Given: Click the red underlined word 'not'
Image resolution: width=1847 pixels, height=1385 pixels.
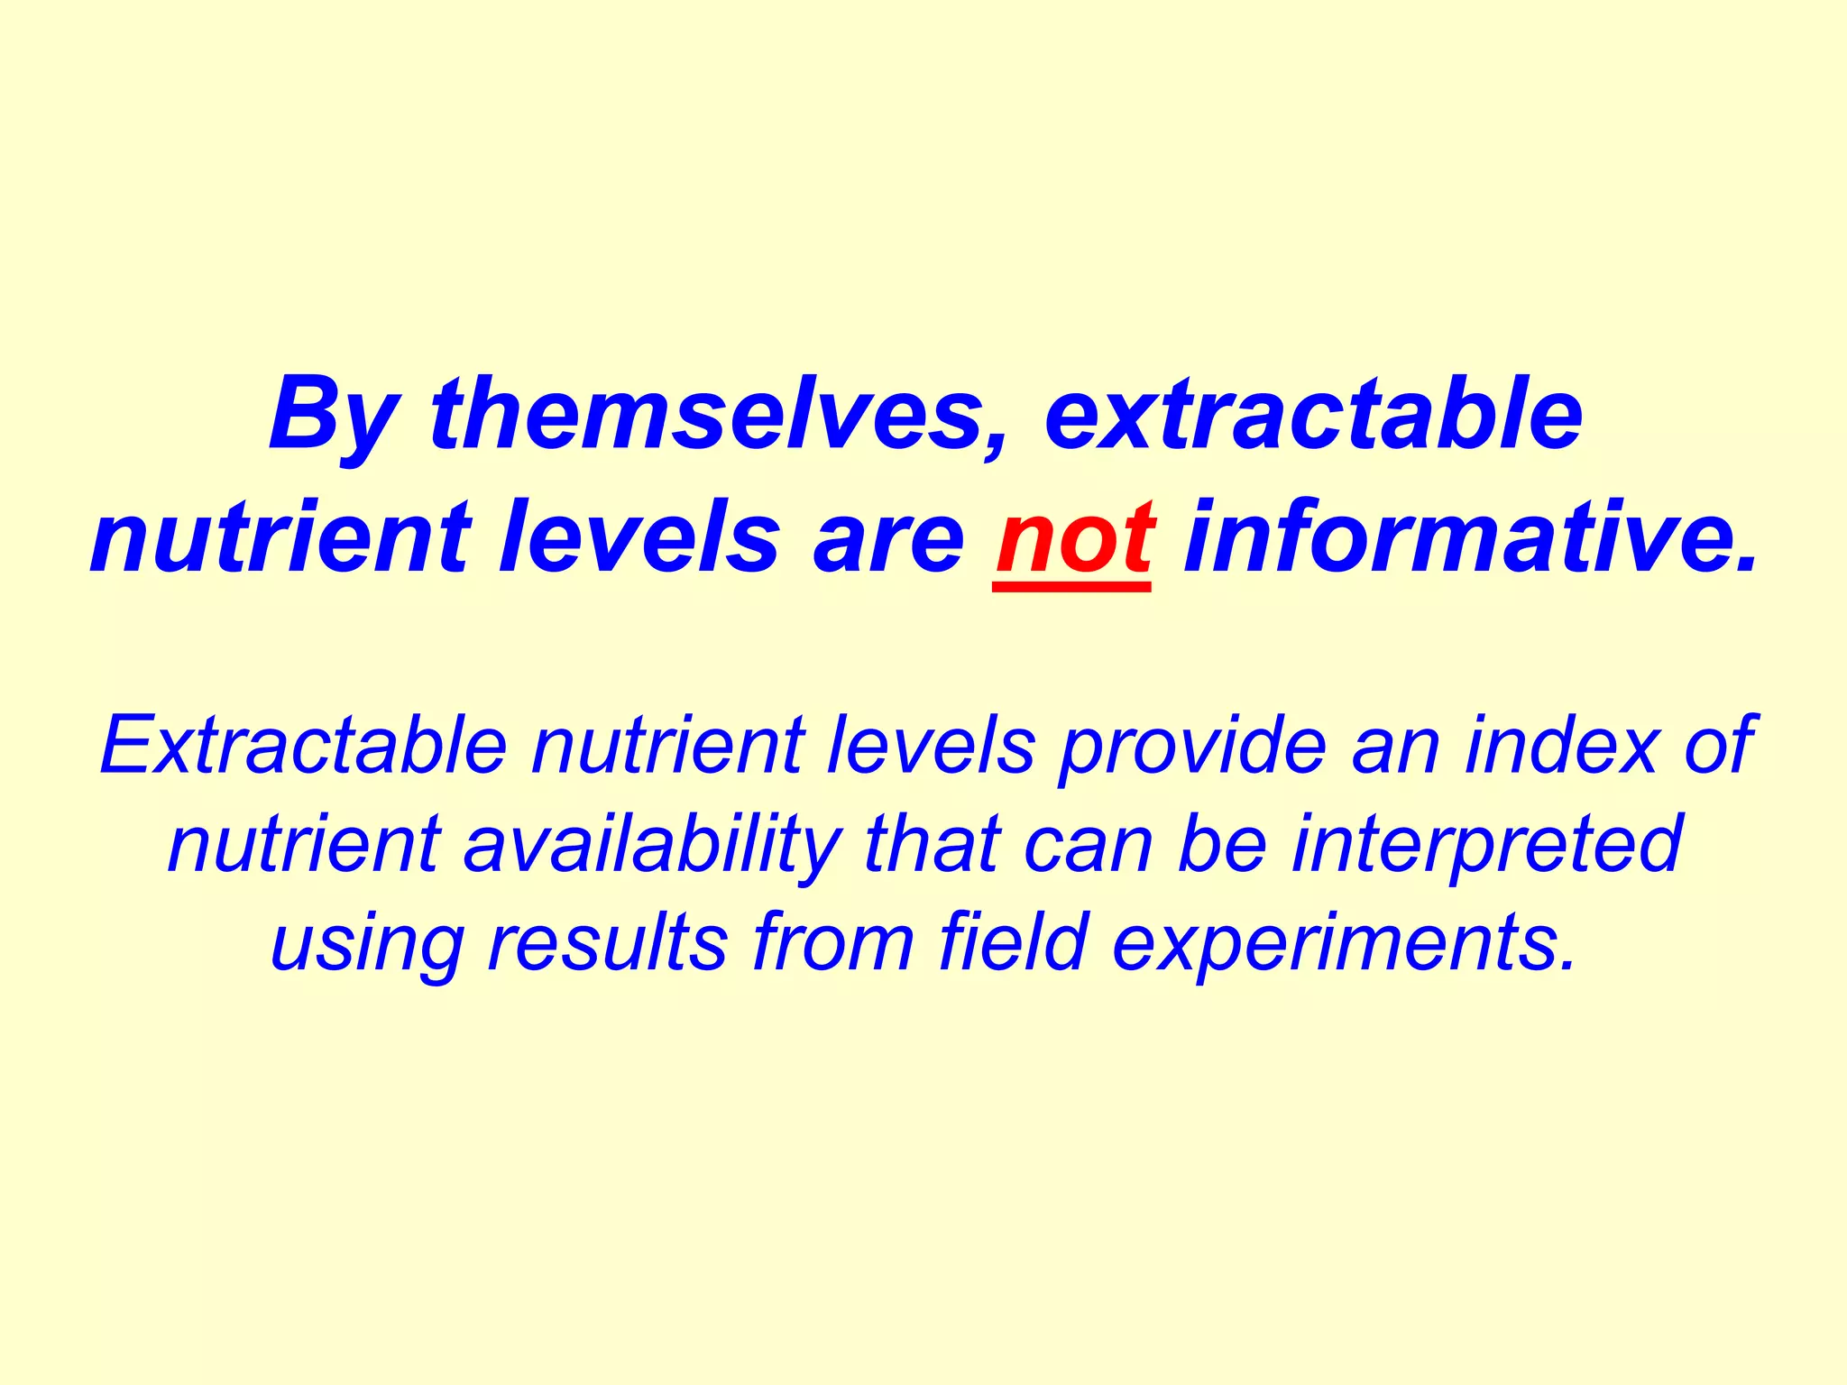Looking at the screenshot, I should click(x=1073, y=540).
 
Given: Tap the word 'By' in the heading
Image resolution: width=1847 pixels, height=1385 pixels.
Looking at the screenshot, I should click(x=333, y=417).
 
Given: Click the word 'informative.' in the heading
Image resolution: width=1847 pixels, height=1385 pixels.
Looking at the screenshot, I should click(x=1471, y=538).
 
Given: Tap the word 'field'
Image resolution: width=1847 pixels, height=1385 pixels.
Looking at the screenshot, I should click(x=1013, y=942).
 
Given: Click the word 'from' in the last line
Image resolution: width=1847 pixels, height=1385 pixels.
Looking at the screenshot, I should click(x=833, y=942).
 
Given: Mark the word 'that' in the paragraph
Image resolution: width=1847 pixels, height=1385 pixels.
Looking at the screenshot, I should click(x=932, y=844).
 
